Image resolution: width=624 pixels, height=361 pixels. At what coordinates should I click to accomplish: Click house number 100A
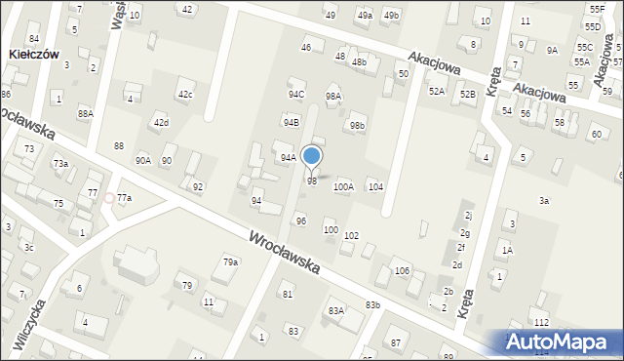(x=343, y=186)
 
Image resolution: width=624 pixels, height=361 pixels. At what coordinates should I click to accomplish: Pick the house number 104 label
(x=375, y=186)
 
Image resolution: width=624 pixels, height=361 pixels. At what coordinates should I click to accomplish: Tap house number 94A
(x=288, y=157)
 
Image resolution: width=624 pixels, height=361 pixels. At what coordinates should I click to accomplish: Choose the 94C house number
(x=295, y=95)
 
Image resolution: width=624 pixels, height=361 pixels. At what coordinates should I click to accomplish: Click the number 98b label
(x=358, y=126)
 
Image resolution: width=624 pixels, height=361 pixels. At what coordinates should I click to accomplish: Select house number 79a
(x=230, y=262)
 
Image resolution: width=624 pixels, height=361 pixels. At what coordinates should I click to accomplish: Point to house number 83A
(x=336, y=311)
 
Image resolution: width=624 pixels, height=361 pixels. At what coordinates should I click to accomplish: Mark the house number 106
(x=402, y=270)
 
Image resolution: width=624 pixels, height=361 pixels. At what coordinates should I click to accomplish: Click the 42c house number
(x=185, y=95)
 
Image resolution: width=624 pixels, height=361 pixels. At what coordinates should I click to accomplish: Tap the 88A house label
(x=86, y=113)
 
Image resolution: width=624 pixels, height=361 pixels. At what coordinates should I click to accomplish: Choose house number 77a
(x=124, y=198)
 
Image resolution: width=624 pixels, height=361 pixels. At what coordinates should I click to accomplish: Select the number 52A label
(x=437, y=91)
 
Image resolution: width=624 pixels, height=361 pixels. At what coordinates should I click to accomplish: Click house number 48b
(x=359, y=62)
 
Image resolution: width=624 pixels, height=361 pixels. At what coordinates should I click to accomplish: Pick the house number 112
(x=542, y=323)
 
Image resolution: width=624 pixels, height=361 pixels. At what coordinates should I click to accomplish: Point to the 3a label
(x=544, y=201)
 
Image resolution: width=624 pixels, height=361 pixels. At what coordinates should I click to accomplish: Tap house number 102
(x=351, y=236)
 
